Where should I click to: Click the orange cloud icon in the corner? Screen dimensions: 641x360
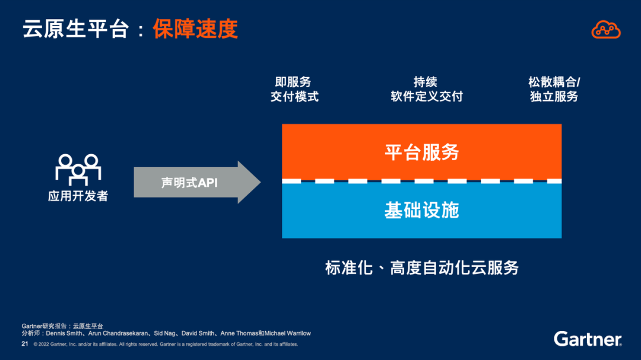coord(606,29)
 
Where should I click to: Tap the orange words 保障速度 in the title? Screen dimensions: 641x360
coord(195,29)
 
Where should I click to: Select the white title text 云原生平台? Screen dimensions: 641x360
coord(75,29)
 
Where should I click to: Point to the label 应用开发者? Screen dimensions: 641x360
coord(78,196)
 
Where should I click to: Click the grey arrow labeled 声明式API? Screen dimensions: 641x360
coord(196,183)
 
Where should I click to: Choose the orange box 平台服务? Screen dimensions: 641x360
coord(421,152)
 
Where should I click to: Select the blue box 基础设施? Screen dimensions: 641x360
coord(421,210)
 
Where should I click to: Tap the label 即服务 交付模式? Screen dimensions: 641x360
coord(294,89)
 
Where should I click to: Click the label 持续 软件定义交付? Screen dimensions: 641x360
coord(426,89)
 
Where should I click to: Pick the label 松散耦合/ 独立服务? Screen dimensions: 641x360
coord(554,89)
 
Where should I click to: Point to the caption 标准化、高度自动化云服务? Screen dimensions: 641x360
coord(421,267)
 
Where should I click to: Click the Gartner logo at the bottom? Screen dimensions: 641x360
coord(588,339)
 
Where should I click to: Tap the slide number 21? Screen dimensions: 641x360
coord(25,344)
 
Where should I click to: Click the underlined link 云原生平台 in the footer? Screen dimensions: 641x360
coord(88,326)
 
